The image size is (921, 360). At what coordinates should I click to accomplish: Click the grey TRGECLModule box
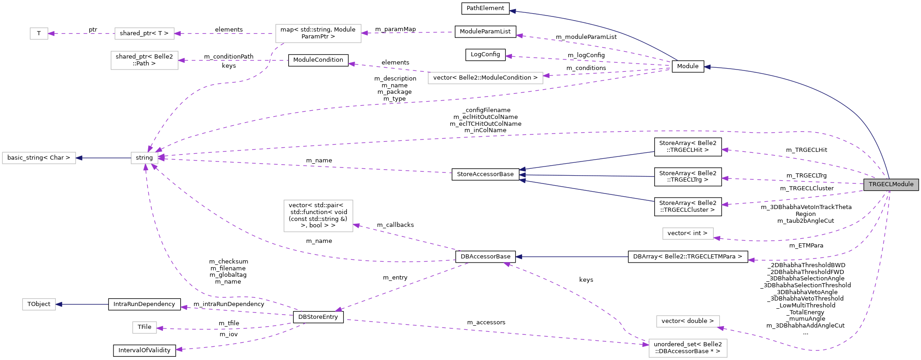(x=891, y=184)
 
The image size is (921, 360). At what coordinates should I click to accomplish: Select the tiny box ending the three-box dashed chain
(x=39, y=33)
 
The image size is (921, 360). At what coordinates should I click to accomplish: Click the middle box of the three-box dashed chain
(x=144, y=33)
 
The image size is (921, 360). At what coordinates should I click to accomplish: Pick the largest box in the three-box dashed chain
(x=318, y=33)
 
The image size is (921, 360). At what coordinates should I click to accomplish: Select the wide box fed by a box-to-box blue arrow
(x=39, y=158)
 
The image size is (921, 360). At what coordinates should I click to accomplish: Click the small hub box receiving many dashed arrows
(x=144, y=158)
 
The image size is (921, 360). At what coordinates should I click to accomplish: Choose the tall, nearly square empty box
(x=318, y=216)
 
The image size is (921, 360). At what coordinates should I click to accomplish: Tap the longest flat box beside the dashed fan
(x=485, y=78)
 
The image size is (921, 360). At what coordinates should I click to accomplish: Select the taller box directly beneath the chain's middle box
(x=144, y=60)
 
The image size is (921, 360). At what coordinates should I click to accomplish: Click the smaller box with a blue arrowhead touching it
(x=39, y=304)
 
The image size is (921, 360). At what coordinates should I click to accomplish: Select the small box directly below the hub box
(x=144, y=328)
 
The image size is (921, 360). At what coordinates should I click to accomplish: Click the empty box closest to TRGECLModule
(x=688, y=233)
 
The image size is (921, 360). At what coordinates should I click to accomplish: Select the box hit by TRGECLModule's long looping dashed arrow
(x=688, y=322)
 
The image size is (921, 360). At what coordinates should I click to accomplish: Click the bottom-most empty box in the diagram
(x=688, y=348)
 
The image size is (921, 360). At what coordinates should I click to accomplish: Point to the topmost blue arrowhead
(x=512, y=11)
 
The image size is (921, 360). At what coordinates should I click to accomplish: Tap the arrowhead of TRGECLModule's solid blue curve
(x=707, y=67)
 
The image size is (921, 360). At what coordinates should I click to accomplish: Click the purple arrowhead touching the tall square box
(x=356, y=225)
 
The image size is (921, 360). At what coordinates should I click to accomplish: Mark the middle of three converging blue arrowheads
(x=522, y=175)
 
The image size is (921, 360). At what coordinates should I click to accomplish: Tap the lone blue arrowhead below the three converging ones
(x=519, y=257)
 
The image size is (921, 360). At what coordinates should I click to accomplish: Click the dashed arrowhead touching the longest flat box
(x=546, y=75)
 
